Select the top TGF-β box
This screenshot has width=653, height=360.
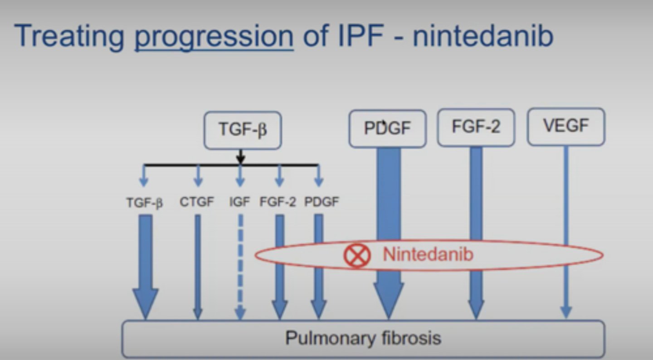pos(242,130)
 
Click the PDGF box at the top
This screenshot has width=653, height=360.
pos(387,129)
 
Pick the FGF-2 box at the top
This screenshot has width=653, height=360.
pos(476,127)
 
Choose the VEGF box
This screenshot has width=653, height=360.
pos(565,126)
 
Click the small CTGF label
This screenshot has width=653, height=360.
pos(197,202)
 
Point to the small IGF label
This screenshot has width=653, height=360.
pos(239,202)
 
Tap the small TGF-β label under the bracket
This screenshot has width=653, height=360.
pos(144,203)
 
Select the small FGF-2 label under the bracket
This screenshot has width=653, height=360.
pos(278,202)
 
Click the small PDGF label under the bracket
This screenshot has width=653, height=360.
pos(322,202)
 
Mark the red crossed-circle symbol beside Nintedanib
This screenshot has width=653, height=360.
pos(357,255)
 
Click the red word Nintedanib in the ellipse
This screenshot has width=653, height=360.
pos(428,254)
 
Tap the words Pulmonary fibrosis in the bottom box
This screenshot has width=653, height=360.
pos(363,338)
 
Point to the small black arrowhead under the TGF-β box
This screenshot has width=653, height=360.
pos(241,159)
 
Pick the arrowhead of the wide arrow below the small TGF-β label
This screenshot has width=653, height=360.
pos(146,303)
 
